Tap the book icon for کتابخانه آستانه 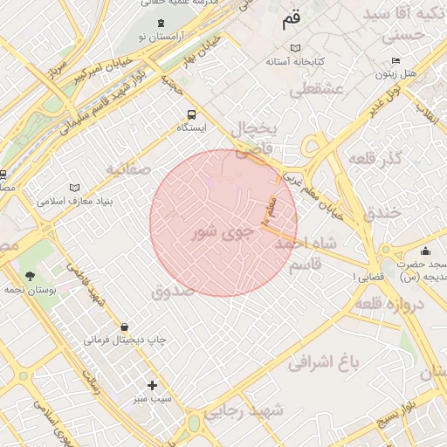coord(296,47)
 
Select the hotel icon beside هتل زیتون coord(396,60)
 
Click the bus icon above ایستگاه coord(191,114)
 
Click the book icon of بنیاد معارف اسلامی coord(74,187)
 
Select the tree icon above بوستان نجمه coord(31,275)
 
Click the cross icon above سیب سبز coord(153,385)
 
